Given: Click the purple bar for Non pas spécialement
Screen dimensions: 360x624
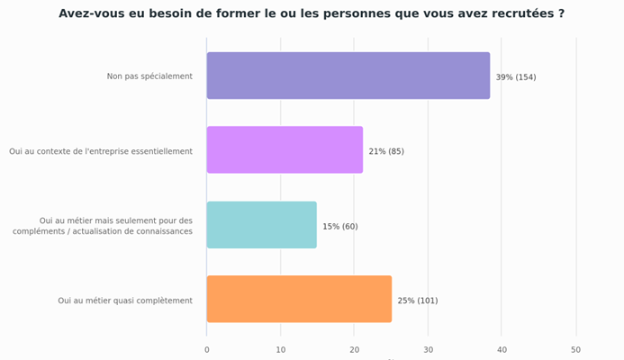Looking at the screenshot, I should [x=348, y=76].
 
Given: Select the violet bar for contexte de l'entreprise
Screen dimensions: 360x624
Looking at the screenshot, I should [x=285, y=150].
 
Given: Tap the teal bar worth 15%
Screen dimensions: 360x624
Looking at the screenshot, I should [x=261, y=225].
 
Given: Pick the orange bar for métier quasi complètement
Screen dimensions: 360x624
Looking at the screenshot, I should [x=299, y=300].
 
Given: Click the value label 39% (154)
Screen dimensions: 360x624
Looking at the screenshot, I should [x=515, y=77].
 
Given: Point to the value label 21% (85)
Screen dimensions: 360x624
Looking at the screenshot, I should [x=386, y=151].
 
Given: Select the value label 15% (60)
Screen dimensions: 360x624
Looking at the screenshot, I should [x=340, y=227].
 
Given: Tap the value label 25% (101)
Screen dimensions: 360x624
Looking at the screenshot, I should [x=418, y=301].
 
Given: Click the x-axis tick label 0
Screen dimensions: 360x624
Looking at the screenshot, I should [x=207, y=350].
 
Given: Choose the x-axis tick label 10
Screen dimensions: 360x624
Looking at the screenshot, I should [x=281, y=350].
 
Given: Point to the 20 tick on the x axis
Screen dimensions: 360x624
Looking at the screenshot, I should [x=354, y=350].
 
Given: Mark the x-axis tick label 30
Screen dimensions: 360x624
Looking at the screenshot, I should [x=428, y=350].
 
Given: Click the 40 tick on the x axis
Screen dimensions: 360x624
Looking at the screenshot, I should [x=502, y=350].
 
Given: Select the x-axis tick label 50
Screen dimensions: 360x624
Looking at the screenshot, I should [x=576, y=350].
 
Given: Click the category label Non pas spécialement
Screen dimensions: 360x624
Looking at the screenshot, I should [x=149, y=76].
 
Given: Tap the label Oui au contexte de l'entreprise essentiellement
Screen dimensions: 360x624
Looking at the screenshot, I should [x=101, y=151].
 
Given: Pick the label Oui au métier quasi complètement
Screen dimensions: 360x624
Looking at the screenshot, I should [x=125, y=301].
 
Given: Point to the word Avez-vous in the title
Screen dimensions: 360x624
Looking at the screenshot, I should [x=90, y=13].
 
